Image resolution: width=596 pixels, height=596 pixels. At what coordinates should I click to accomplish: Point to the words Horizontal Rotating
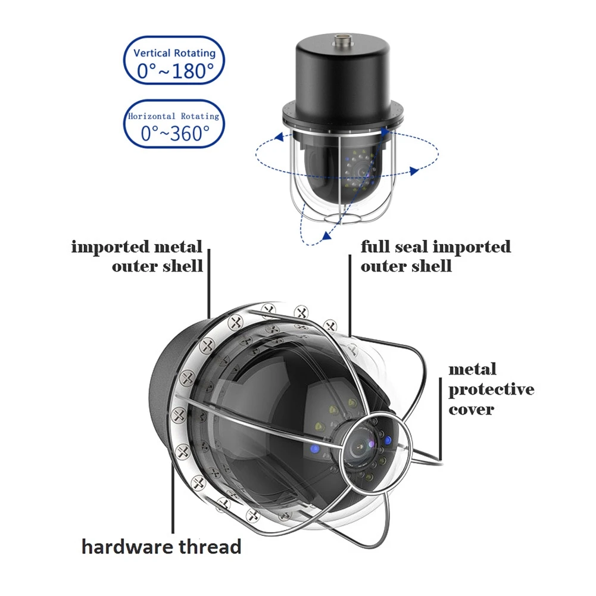click(174, 116)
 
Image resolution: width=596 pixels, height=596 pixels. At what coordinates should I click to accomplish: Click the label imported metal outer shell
click(138, 256)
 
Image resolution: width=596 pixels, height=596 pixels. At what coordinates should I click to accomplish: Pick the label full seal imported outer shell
click(435, 256)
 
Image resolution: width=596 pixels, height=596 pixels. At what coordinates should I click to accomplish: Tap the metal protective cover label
click(491, 389)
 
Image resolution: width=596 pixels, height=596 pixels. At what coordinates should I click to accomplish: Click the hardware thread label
click(161, 546)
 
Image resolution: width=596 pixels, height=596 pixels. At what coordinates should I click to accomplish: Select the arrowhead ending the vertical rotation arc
click(326, 236)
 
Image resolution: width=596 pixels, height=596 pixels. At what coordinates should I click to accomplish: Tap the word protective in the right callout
click(491, 390)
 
